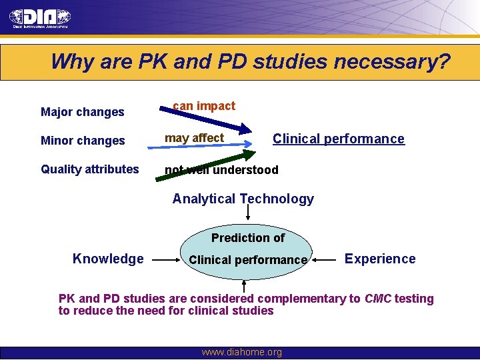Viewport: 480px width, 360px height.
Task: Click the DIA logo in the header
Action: pos(40,18)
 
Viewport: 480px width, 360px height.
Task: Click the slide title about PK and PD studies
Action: pos(250,62)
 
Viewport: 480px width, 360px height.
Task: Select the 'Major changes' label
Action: pos(83,112)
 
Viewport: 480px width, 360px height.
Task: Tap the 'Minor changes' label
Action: pos(83,141)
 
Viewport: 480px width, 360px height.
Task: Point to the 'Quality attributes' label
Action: pos(90,169)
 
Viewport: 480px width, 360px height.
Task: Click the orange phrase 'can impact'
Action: pos(204,106)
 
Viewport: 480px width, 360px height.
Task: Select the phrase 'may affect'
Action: pos(195,138)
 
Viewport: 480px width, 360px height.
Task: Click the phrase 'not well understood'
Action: pos(222,170)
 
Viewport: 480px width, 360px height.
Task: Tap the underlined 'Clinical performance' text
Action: pos(338,139)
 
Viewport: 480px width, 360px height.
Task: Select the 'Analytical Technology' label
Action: pos(243,199)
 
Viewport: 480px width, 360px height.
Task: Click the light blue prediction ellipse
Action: pos(248,248)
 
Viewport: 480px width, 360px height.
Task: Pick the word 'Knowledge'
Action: pos(108,259)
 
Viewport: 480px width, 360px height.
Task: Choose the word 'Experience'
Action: pos(380,259)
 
